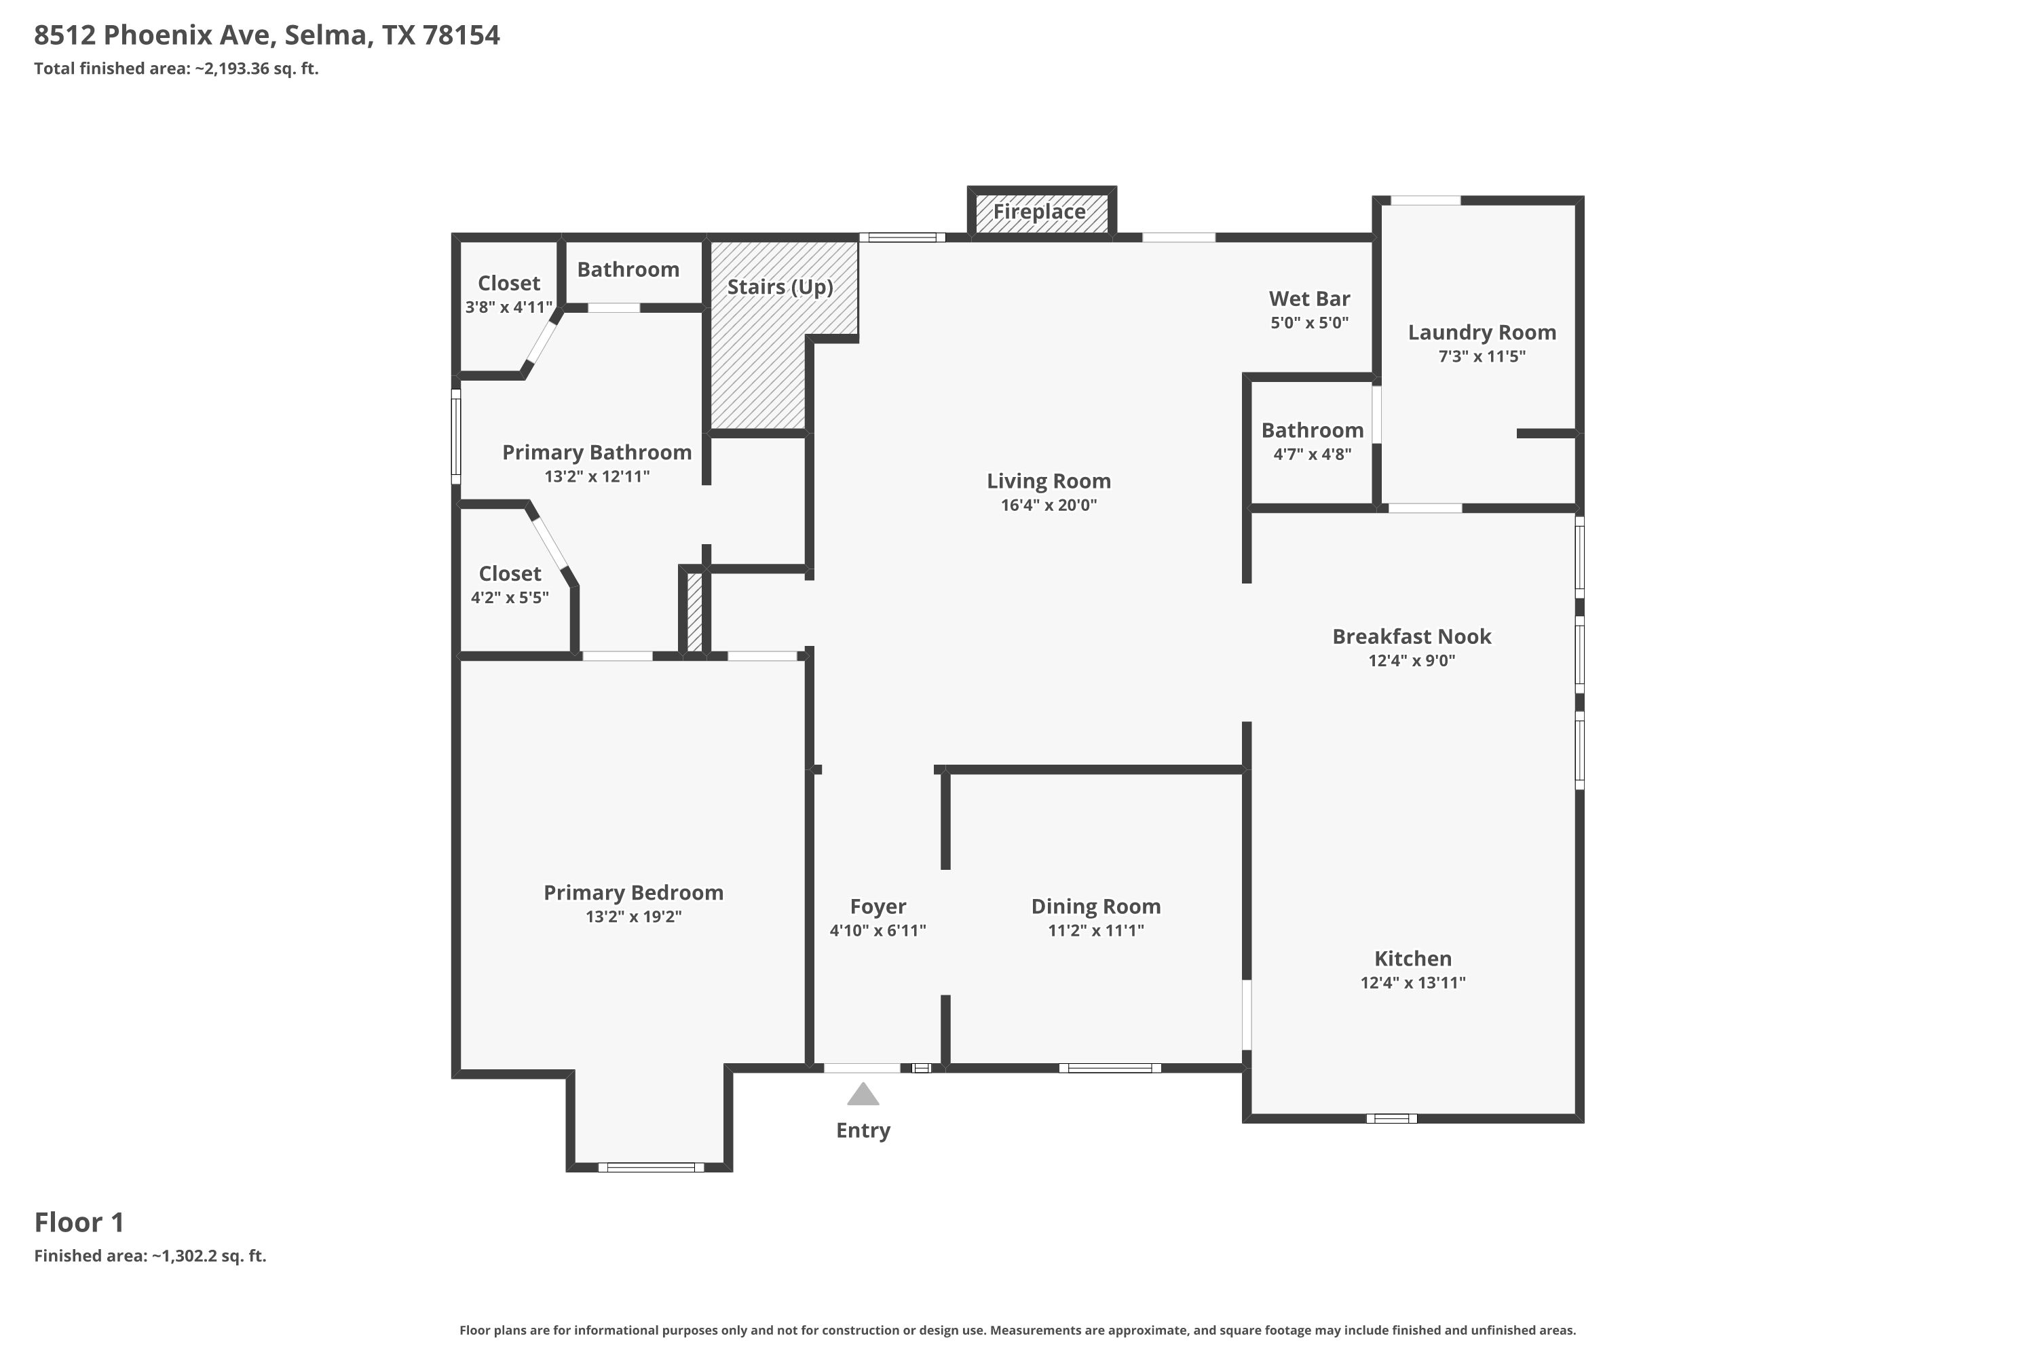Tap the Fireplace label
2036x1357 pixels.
[1039, 212]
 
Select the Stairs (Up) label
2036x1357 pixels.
[780, 287]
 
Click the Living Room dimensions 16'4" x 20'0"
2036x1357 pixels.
[1049, 505]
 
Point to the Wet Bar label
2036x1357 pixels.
[1309, 299]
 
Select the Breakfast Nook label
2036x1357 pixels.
[1411, 637]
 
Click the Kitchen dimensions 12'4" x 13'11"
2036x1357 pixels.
[1413, 983]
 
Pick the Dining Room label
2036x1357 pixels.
[1095, 907]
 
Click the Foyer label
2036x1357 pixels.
[878, 907]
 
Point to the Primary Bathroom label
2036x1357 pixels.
[597, 453]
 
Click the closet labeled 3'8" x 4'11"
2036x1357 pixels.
[508, 294]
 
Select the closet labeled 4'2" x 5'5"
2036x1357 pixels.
[510, 584]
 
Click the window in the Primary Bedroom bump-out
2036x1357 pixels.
[651, 1168]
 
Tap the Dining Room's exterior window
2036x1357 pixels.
[1110, 1068]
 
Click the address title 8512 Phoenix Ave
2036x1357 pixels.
[267, 35]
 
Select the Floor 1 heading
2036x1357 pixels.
[79, 1222]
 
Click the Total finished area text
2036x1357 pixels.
[176, 69]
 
